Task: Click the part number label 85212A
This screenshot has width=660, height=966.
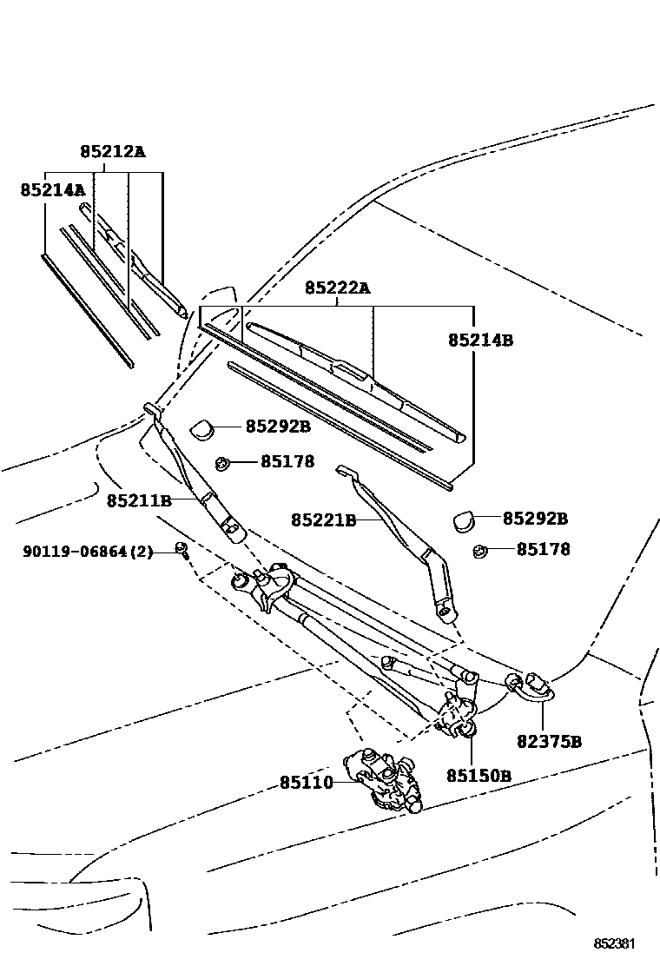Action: [113, 151]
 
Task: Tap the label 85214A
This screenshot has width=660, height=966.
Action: [53, 189]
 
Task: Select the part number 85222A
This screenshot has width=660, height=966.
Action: [337, 288]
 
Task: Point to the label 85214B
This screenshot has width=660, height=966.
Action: [480, 341]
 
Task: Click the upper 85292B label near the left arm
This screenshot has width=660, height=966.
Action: [278, 427]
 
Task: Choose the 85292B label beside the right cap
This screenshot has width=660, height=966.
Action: [535, 519]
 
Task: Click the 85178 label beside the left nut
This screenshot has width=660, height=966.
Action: [287, 462]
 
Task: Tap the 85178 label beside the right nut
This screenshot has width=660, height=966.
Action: [544, 550]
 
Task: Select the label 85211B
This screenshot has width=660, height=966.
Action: [140, 501]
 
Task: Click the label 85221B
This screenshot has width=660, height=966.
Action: [324, 520]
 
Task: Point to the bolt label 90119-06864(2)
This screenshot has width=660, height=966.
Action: [88, 552]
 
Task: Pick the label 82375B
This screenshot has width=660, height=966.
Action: [549, 741]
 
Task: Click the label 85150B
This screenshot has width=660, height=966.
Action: [479, 775]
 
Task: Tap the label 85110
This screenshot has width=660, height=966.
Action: [307, 783]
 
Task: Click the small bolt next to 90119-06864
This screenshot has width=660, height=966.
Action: [182, 549]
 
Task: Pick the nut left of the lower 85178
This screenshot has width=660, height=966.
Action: [478, 550]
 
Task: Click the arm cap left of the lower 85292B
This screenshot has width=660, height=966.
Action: [462, 520]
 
